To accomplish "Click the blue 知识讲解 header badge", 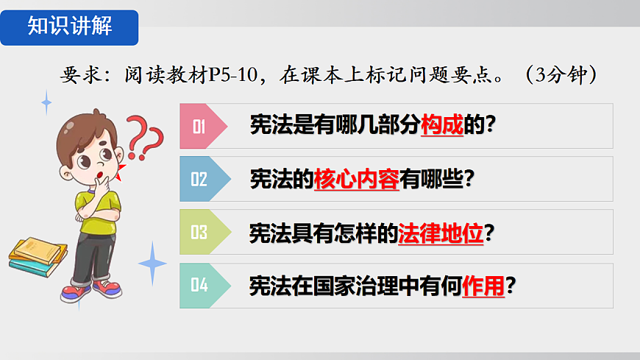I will (69, 27).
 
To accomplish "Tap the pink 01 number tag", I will (199, 127).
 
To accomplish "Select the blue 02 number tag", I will (199, 179).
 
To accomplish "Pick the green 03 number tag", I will (199, 232).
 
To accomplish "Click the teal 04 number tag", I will (199, 285).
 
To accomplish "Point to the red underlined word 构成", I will (441, 127).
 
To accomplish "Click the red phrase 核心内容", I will (356, 180).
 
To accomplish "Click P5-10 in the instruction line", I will (235, 75).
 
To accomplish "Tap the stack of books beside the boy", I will (38, 256).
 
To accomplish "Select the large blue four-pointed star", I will (152, 263).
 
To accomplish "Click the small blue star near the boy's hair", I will (46, 102).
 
